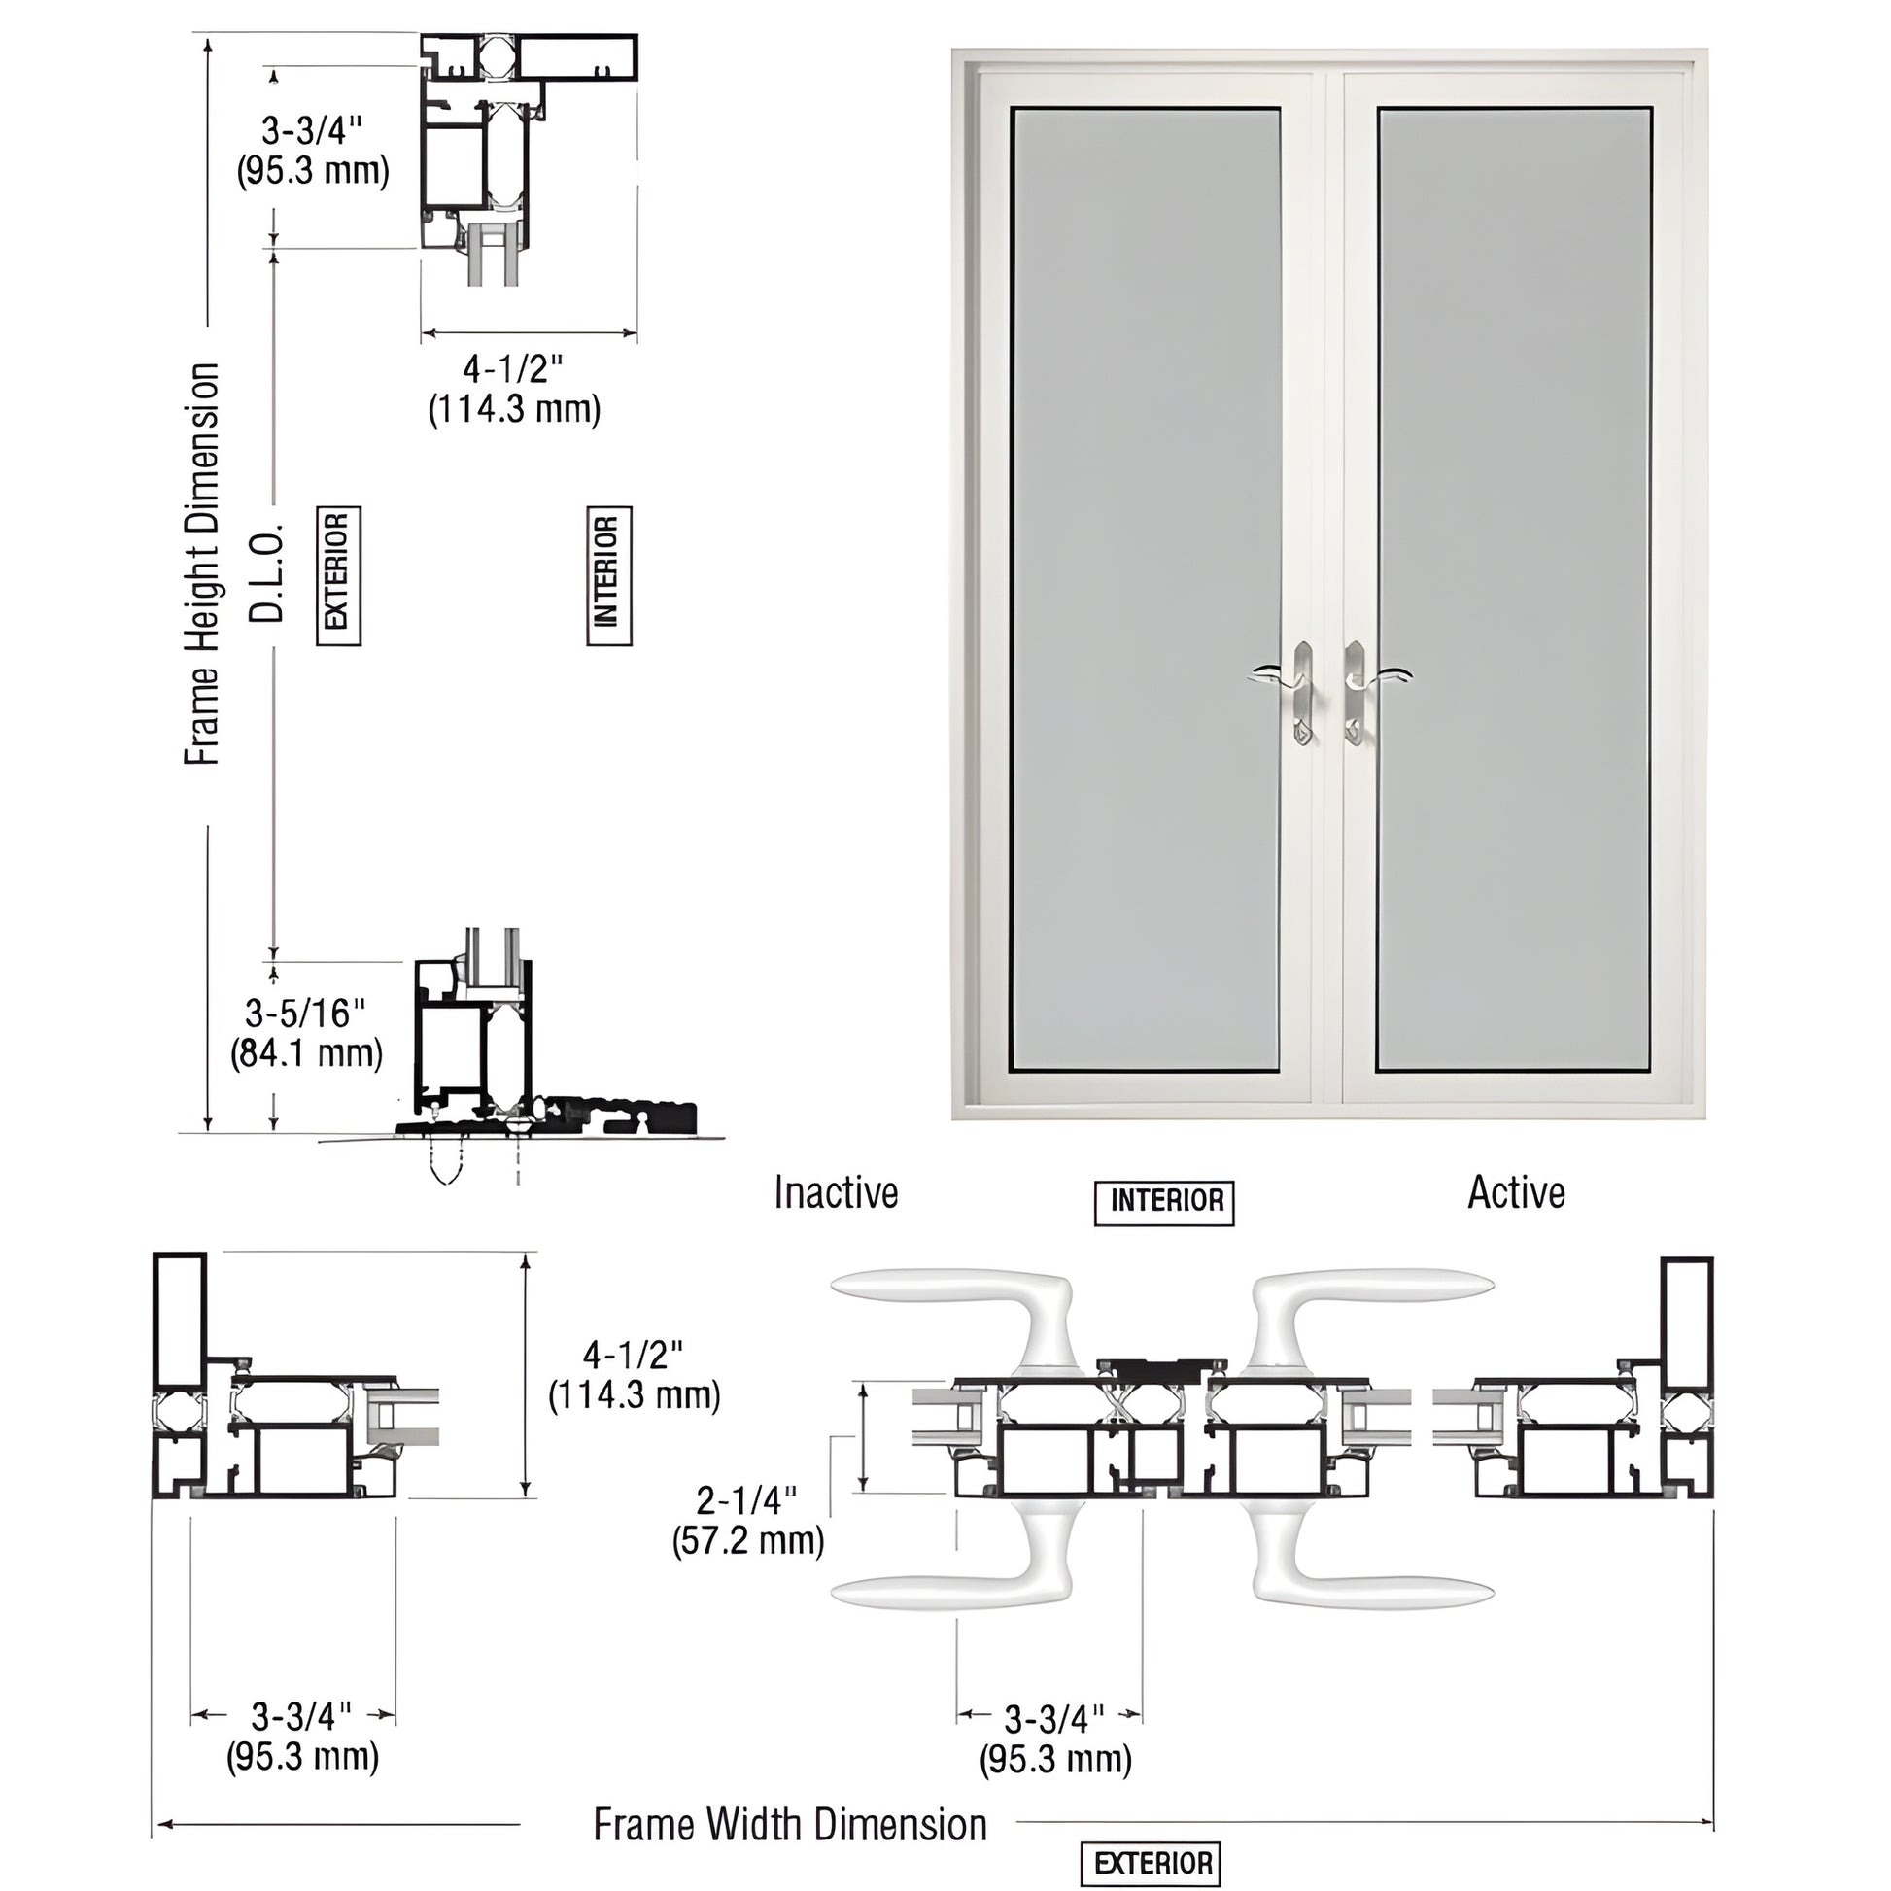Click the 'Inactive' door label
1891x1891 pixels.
[835, 1193]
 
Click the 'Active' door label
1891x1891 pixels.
[1515, 1193]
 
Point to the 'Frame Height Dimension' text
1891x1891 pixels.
[202, 565]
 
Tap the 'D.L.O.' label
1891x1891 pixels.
[266, 572]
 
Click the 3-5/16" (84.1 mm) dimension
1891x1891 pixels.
[305, 1034]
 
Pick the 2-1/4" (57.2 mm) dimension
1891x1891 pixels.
[748, 1520]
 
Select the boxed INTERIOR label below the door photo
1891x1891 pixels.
[1165, 1201]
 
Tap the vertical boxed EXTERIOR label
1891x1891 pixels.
[338, 574]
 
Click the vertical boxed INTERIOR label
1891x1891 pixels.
[608, 574]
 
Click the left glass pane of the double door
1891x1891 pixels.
[1145, 587]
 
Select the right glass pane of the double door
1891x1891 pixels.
[1514, 587]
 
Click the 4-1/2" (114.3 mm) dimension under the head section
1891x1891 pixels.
[514, 390]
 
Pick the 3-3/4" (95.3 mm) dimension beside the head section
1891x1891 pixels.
[312, 151]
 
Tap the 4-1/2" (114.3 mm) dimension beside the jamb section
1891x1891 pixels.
[635, 1375]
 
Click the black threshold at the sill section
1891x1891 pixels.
[627, 1115]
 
